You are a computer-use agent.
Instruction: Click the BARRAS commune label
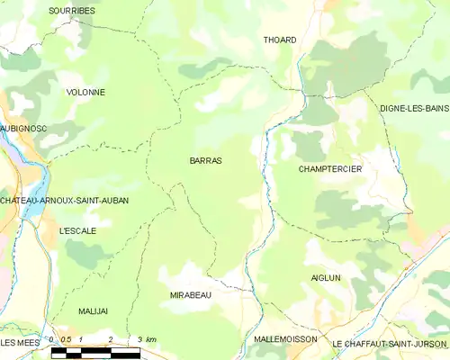point(205,160)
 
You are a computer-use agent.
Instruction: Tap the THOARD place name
point(279,40)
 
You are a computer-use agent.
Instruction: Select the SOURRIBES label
point(72,10)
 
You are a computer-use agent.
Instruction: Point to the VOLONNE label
point(85,92)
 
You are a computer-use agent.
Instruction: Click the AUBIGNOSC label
point(23,129)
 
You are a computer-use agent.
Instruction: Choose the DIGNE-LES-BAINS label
point(414,108)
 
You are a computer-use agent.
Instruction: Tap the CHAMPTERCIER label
point(329,168)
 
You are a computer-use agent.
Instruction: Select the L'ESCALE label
point(77,230)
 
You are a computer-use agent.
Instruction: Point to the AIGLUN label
point(325,278)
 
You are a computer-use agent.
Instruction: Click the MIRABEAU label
point(190,294)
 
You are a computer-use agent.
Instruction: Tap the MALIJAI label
point(92,310)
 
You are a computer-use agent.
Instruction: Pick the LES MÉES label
point(20,343)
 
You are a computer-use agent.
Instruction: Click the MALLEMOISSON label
point(285,339)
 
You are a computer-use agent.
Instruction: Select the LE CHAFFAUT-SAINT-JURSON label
point(390,343)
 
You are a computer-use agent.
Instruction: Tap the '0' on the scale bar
point(52,339)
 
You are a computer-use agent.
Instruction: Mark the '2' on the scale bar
point(110,339)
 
